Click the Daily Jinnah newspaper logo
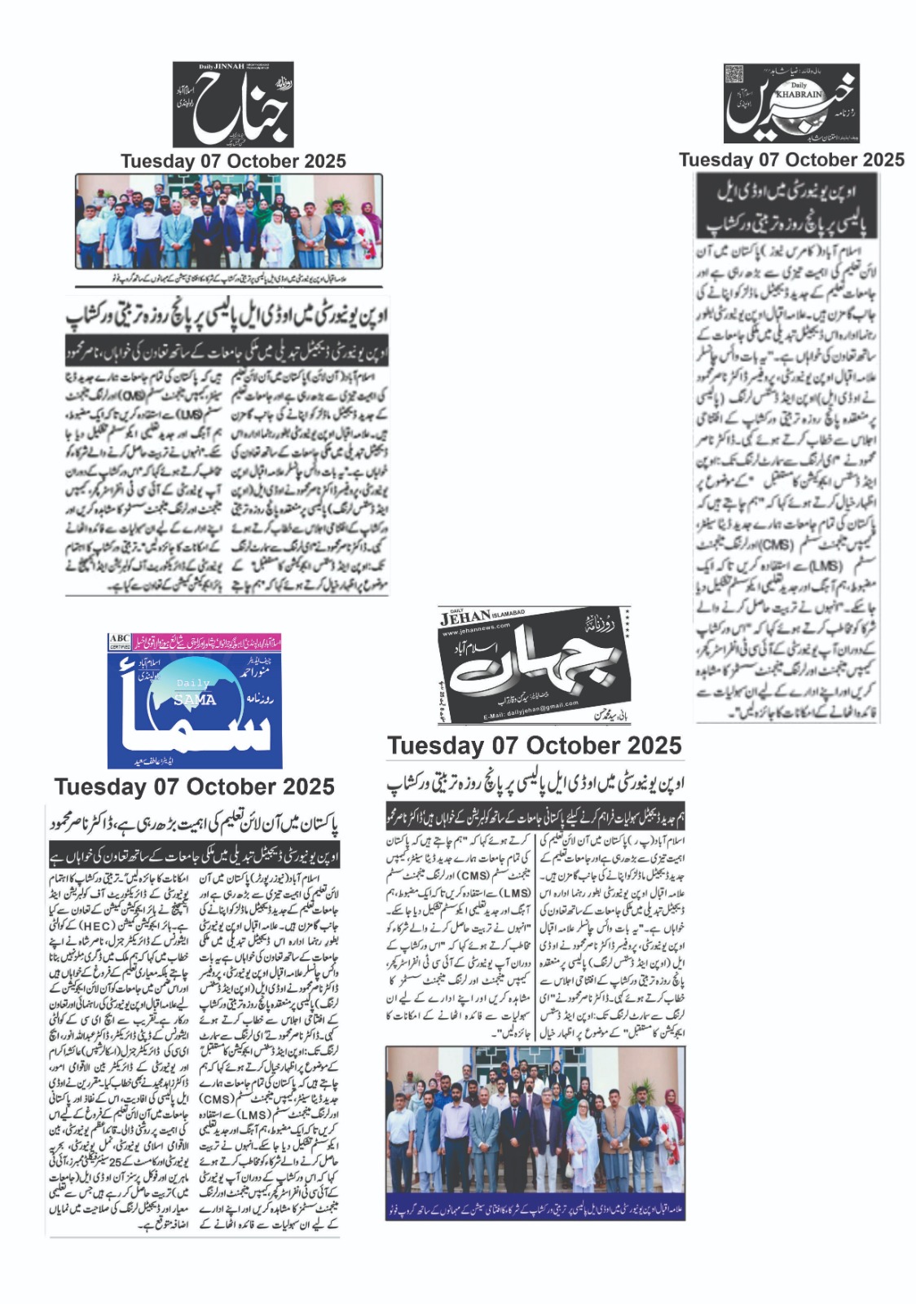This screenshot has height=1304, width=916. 233,104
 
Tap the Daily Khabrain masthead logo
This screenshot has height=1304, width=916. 791,104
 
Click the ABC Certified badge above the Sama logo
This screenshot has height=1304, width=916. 120,641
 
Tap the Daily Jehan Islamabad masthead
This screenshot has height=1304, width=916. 534,664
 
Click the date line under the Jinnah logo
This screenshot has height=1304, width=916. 233,161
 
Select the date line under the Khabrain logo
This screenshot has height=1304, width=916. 791,160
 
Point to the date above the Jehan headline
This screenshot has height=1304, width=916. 534,745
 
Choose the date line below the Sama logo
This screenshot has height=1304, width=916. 195,786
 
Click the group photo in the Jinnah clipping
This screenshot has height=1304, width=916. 229,222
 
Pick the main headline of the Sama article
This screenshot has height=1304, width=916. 194,823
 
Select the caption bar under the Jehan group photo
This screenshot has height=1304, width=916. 535,1203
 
